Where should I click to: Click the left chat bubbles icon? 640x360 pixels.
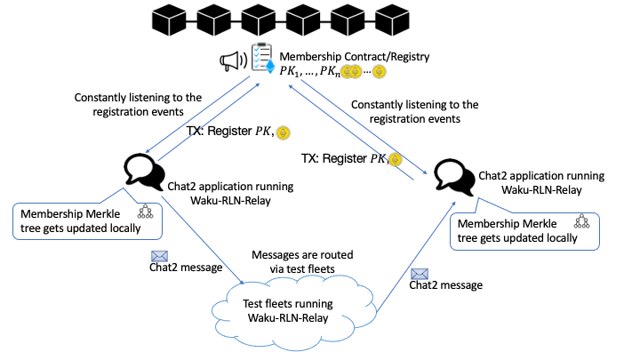click(x=142, y=170)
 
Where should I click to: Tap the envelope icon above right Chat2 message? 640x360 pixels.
click(x=420, y=275)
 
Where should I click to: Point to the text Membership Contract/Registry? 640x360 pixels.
click(x=355, y=56)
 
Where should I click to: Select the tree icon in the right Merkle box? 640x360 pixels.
click(x=581, y=221)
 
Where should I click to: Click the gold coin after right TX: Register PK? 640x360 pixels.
click(x=395, y=160)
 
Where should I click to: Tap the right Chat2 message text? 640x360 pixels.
click(x=445, y=285)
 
